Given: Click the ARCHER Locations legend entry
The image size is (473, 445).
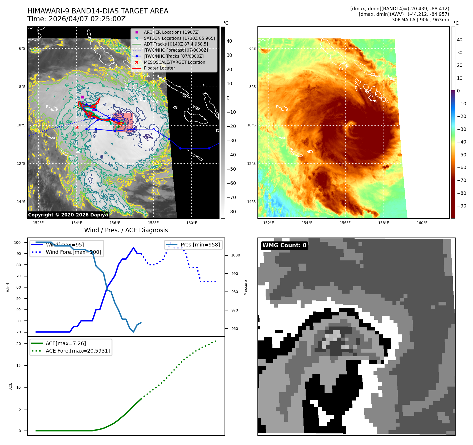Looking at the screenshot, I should click(171, 32).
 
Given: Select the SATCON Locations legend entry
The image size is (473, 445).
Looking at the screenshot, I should click(179, 38).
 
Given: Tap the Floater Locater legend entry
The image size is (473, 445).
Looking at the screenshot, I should click(159, 68).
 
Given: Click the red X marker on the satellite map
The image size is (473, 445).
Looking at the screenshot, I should click(77, 127).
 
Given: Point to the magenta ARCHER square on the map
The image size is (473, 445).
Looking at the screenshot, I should click(82, 97).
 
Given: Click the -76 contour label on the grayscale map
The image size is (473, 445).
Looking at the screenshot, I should click(149, 149).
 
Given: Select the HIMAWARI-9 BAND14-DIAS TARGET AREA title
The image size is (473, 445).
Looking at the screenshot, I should click(98, 11).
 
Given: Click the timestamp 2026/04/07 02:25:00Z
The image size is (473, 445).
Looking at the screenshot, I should click(87, 19).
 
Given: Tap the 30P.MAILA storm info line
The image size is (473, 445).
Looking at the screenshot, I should click(420, 20).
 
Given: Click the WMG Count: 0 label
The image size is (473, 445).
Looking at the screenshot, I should click(284, 245).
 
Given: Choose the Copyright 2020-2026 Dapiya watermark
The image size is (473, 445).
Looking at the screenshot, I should click(68, 215).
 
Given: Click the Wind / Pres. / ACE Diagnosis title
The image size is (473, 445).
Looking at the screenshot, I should click(126, 230).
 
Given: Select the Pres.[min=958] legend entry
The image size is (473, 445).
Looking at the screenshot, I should click(200, 245).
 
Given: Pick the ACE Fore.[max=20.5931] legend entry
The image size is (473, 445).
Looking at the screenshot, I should click(78, 351).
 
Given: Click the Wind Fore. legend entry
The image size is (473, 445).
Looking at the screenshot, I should click(73, 252).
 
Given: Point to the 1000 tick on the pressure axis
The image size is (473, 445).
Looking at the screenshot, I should click(235, 255).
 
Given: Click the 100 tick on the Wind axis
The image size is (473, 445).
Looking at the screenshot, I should click(17, 243).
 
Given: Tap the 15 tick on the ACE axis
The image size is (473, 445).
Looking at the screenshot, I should click(18, 365).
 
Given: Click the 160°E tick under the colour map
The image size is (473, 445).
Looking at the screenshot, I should click(422, 223).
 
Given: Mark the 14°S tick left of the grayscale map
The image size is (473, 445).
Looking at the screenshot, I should click(21, 202).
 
